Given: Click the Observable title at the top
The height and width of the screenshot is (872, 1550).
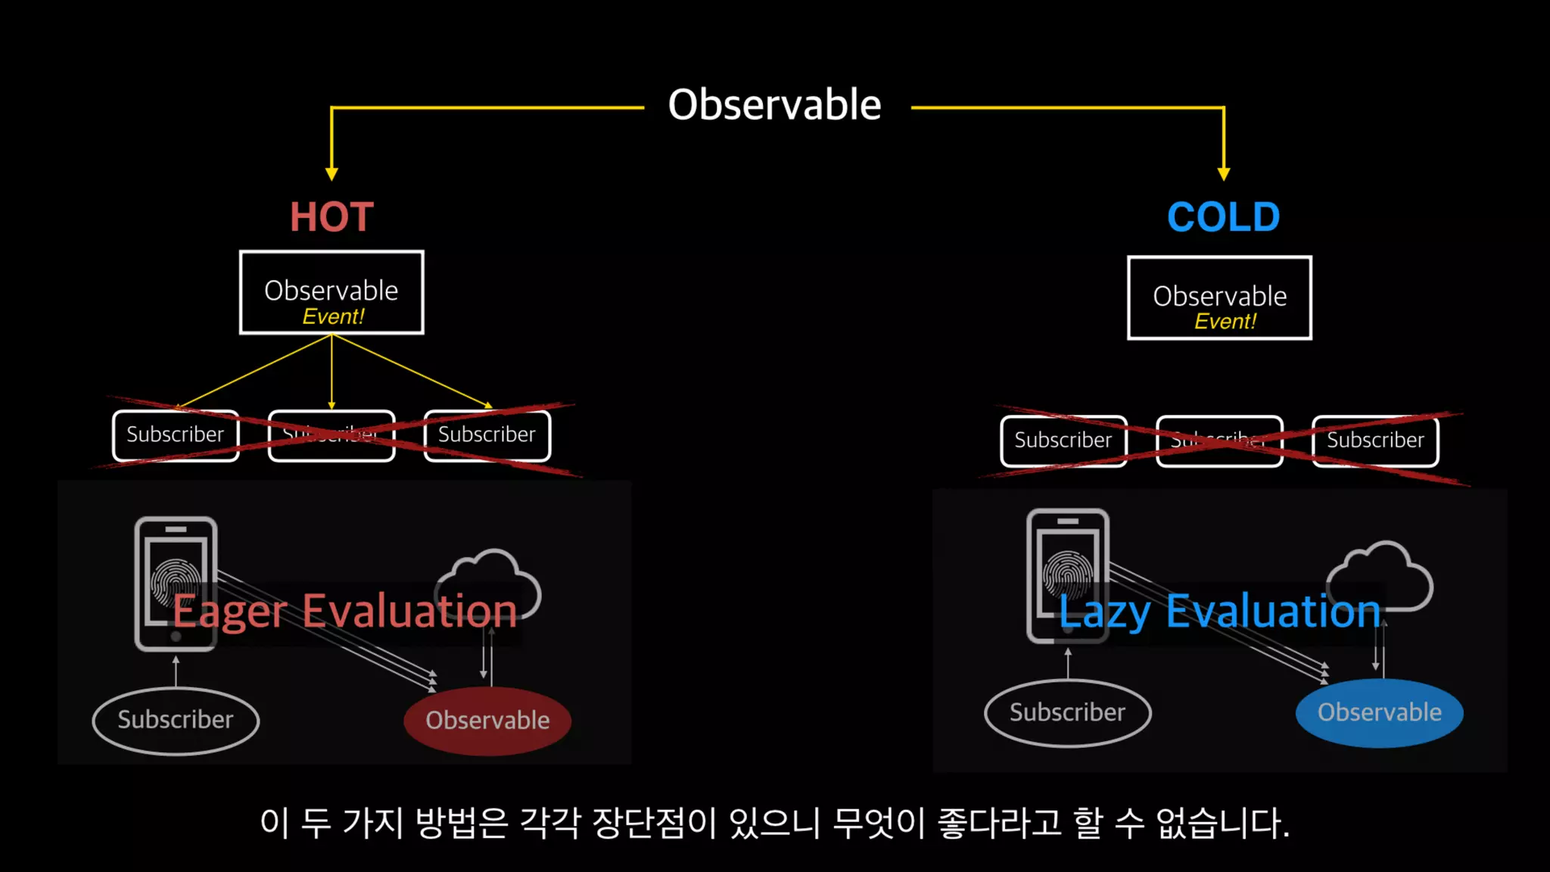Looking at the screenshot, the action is point(774,104).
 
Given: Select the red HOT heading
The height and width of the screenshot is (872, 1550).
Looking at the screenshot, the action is point(331,217).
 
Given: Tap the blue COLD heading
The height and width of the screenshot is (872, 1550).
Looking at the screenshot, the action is point(1223,217).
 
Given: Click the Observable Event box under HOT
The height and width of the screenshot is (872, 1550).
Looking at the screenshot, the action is point(331,292).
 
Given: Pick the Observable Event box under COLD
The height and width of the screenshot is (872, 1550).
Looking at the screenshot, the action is point(1219,298).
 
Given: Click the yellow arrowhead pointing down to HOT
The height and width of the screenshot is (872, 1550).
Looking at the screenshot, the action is point(331,173).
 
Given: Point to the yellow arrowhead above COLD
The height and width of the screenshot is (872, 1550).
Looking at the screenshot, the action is point(1223,173).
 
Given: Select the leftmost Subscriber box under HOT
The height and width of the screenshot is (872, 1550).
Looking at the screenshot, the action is point(176,435).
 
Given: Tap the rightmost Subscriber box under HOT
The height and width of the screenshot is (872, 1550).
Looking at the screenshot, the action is point(487,435).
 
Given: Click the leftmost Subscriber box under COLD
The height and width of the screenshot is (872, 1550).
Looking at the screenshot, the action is point(1063,441).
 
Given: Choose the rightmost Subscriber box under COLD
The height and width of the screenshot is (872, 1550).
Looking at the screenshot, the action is point(1375,441).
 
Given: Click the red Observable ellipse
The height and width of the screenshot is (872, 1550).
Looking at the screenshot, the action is point(487,721).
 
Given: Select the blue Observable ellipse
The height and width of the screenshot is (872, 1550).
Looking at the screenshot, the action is point(1379,713).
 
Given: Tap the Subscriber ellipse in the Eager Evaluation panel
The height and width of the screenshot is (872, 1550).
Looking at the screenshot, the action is point(176,720).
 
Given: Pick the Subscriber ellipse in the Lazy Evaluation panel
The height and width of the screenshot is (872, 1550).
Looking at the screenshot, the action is point(1067,713).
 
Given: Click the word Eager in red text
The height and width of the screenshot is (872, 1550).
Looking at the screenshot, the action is point(230,612).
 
